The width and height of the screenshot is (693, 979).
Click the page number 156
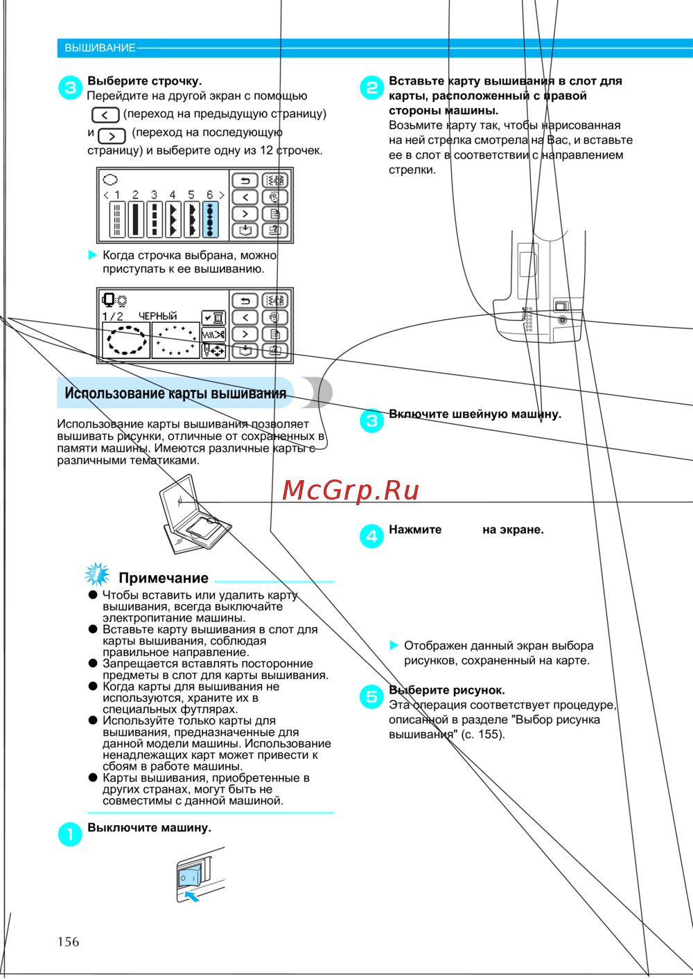coord(68,942)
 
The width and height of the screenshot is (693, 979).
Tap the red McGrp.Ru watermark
coord(351,491)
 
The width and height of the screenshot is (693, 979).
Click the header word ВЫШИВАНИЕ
coord(100,48)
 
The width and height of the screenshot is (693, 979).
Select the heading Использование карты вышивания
coord(175,394)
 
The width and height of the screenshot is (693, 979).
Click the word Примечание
coord(164,578)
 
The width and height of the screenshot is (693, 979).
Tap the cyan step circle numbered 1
coord(70,834)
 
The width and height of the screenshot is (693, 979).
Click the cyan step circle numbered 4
coord(371,536)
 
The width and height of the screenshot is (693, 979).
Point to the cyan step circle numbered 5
coord(371,696)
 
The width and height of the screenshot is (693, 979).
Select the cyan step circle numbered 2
coord(371,87)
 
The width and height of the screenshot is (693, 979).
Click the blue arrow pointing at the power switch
coord(191,896)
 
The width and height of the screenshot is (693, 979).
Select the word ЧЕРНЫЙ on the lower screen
coord(157,316)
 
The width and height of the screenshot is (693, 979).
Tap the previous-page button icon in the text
coord(105,115)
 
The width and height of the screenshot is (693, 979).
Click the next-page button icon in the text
coord(112,136)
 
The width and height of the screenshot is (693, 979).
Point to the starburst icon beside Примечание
coord(97,574)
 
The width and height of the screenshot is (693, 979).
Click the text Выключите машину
coord(149,827)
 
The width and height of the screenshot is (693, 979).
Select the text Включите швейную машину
coord(475,414)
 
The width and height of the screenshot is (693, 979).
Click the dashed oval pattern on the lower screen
coord(125,340)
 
